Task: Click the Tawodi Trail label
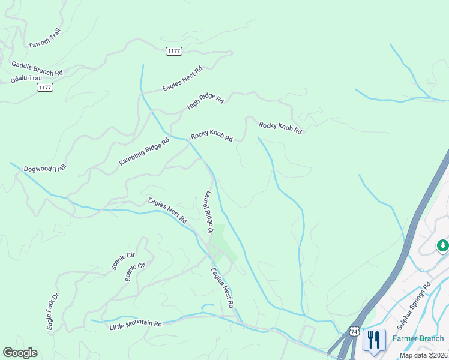click(44, 39)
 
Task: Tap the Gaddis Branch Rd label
click(37, 68)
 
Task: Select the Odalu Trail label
click(26, 79)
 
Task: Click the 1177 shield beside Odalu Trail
click(45, 88)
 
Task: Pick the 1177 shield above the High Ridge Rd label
click(174, 51)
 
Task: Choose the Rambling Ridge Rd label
click(144, 151)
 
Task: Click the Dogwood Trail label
click(44, 169)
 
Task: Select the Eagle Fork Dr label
click(53, 312)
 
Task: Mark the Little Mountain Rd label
click(136, 325)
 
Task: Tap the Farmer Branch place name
click(418, 338)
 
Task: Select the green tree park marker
click(442, 245)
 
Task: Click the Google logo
click(20, 353)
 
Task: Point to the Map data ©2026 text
click(423, 355)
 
